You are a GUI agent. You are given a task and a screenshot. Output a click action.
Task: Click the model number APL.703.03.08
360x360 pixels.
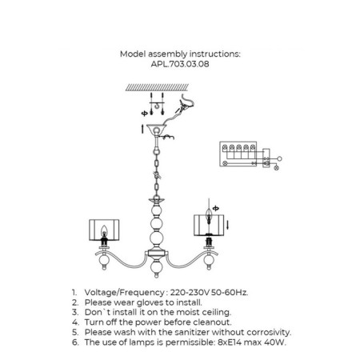click(180, 64)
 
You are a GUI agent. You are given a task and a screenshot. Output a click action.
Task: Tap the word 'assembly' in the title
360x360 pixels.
click(167, 54)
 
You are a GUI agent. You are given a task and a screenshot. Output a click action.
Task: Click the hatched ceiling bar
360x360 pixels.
click(157, 87)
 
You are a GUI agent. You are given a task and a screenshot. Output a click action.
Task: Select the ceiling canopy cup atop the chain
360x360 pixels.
click(156, 130)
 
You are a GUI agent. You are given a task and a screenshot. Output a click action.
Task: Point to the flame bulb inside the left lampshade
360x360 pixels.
click(104, 231)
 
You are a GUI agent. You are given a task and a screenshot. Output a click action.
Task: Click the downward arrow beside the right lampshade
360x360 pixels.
click(227, 225)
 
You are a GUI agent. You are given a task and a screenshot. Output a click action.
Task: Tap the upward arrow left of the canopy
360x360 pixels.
click(142, 129)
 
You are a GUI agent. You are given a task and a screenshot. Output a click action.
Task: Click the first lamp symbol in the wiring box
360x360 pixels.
click(225, 147)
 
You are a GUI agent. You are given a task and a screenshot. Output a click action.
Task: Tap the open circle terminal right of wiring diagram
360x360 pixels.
click(279, 158)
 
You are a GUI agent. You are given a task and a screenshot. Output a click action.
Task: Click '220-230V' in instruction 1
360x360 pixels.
click(190, 293)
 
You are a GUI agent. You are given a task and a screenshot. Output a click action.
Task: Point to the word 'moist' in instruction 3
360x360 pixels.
click(188, 312)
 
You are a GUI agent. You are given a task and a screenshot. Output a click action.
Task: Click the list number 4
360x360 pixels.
click(75, 322)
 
